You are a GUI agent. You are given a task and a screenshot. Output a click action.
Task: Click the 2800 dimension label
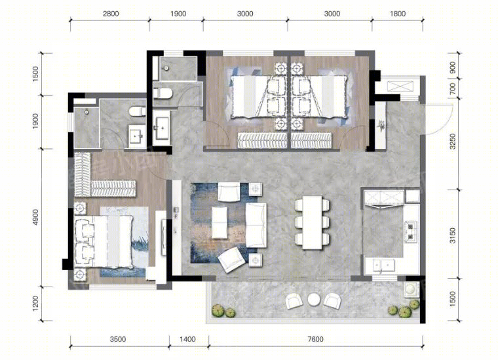pos(111,14)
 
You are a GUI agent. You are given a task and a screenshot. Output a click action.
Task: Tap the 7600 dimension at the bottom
pos(315,339)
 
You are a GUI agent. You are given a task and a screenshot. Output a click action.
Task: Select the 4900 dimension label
pos(35,217)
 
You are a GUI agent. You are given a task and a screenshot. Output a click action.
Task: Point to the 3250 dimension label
pos(453,142)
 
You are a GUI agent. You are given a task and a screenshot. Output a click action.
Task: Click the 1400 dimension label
pos(187,339)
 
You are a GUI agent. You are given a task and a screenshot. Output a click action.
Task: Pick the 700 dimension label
pos(453,88)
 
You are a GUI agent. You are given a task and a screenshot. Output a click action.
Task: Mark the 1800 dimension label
pos(398,14)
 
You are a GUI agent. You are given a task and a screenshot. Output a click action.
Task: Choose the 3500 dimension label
pos(118,339)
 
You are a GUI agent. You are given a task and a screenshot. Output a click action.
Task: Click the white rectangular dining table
pos(313,222)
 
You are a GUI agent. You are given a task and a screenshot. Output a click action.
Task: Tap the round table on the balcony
pos(313,299)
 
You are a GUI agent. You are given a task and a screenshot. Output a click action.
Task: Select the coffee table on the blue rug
pos(220,222)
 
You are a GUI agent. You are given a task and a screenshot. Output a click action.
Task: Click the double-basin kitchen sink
pos(384,266)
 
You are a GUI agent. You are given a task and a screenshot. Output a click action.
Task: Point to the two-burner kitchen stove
pos(410,231)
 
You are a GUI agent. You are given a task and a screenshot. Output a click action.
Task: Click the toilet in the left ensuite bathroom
pos(137,111)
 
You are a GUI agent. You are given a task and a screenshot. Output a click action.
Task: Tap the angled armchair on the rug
pos(231,260)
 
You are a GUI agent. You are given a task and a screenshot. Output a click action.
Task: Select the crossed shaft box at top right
pos(401,87)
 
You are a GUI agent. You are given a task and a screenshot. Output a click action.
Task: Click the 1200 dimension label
pos(35,304)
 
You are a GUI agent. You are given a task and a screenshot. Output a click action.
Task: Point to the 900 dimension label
pos(453,68)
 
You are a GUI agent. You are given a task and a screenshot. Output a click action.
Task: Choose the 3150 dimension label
pos(453,235)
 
